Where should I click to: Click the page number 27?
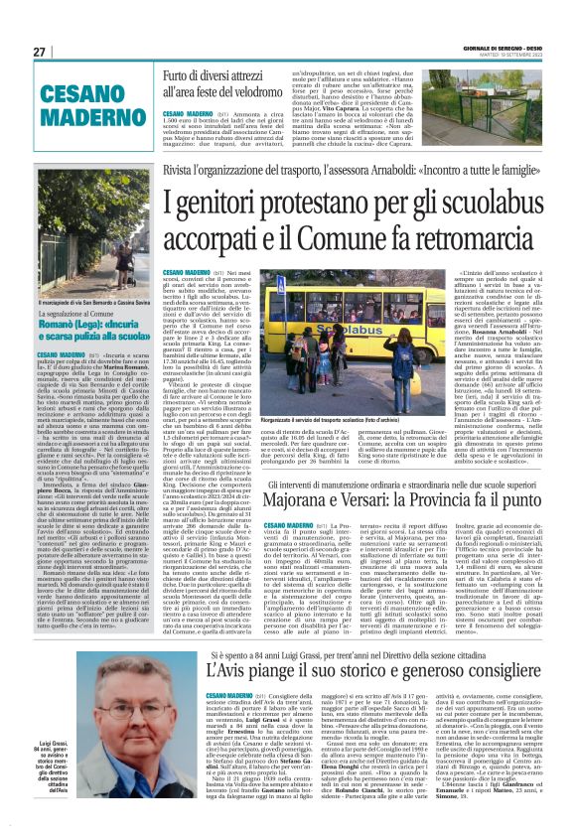pos(39,52)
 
